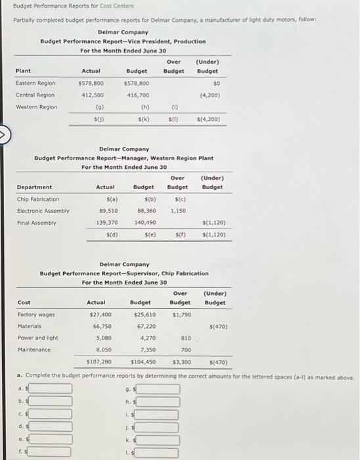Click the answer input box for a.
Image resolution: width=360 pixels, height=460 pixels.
click(49, 389)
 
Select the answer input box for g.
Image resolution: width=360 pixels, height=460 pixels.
click(157, 389)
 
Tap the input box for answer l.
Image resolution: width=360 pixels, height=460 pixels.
click(157, 452)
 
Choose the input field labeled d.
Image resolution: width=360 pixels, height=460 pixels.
click(49, 426)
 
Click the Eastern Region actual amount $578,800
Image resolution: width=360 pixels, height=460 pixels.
click(91, 83)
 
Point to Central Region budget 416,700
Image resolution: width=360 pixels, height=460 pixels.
click(136, 95)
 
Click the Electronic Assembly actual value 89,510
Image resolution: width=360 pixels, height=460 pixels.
click(108, 211)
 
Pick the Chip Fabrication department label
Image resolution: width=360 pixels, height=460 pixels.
click(37, 199)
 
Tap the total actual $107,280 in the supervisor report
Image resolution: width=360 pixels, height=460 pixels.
click(99, 362)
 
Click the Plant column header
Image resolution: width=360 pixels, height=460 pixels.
click(23, 71)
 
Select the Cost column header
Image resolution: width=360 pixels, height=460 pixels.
click(24, 303)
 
